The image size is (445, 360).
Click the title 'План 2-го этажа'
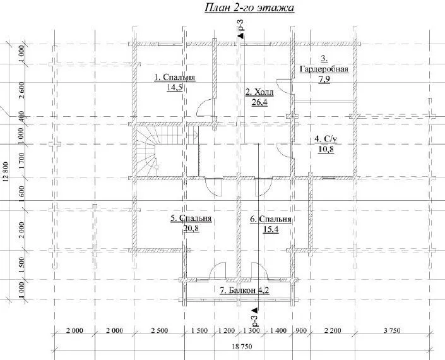tap(249, 8)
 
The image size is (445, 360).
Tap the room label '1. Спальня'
tap(175, 78)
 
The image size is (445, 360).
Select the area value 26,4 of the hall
tap(259, 102)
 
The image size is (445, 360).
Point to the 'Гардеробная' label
tap(324, 69)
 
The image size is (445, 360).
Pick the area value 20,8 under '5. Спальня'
tap(191, 228)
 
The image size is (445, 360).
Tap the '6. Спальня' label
tap(270, 219)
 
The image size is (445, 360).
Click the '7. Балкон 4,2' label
tap(244, 290)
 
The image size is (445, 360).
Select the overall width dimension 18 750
tap(242, 346)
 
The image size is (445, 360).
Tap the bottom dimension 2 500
tap(160, 330)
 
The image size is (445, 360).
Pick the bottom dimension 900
tap(301, 330)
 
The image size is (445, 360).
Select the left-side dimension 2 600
tap(21, 90)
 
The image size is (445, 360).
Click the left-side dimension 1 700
tap(21, 161)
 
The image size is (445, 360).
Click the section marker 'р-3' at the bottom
tap(255, 317)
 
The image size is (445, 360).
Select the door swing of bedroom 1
tap(204, 107)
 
